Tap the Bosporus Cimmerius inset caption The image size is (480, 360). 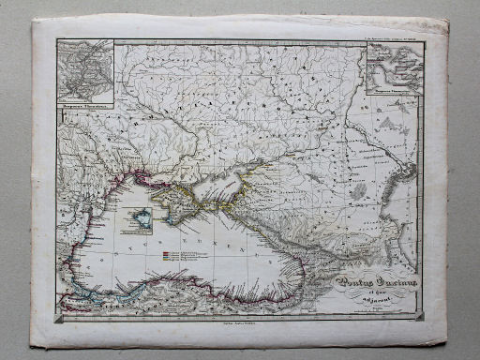pos(393,93)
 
